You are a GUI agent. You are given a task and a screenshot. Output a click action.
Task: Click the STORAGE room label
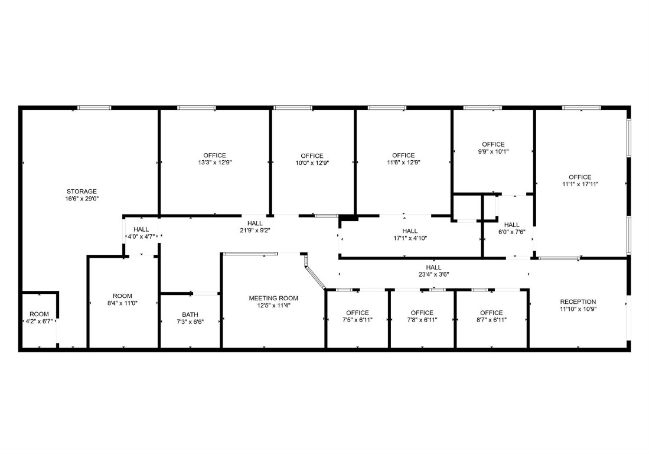click(x=81, y=192)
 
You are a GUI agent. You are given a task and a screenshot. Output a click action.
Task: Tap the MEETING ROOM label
click(x=273, y=299)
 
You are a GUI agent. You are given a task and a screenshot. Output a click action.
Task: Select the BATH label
click(x=190, y=315)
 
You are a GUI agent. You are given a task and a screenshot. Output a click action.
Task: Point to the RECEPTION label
click(x=578, y=301)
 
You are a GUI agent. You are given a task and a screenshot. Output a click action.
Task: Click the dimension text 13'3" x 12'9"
click(x=215, y=163)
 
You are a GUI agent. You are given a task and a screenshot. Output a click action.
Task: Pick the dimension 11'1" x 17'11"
click(x=580, y=184)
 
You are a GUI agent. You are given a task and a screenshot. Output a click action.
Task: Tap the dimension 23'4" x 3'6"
click(x=434, y=274)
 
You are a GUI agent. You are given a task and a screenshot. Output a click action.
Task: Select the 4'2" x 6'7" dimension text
click(x=40, y=322)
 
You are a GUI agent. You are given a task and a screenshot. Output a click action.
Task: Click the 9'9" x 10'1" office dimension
click(x=493, y=151)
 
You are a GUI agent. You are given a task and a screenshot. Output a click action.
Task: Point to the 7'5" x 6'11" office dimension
click(x=358, y=320)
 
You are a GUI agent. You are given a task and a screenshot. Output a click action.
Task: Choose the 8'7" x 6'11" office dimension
click(x=491, y=320)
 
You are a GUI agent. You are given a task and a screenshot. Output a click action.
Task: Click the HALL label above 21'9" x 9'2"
click(x=255, y=223)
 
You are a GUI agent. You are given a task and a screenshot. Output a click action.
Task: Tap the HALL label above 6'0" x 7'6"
click(x=512, y=225)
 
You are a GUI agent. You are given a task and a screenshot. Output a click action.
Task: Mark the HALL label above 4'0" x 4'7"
click(x=141, y=229)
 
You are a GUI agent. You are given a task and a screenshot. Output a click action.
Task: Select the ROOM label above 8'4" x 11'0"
click(x=122, y=296)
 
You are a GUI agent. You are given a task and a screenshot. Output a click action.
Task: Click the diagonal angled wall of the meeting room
click(x=315, y=277)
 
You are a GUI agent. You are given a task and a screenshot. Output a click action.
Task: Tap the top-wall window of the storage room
click(x=95, y=108)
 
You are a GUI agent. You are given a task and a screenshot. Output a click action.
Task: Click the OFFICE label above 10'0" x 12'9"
click(x=312, y=155)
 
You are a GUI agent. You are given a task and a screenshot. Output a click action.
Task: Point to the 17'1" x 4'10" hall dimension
click(x=410, y=238)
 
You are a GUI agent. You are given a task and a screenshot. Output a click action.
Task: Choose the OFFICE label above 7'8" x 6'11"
click(x=422, y=313)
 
